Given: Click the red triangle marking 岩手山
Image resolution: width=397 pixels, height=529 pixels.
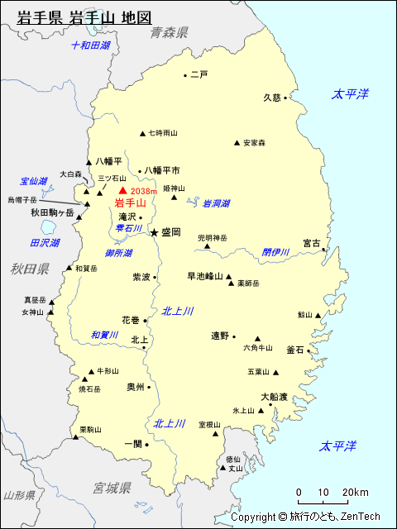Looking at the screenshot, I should tap(123, 191).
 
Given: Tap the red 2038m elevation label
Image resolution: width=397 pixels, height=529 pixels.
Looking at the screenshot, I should tap(144, 192).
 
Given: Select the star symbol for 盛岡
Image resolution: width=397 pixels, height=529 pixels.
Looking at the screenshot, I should tap(154, 233).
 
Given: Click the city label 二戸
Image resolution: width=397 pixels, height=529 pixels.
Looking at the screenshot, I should tap(198, 74).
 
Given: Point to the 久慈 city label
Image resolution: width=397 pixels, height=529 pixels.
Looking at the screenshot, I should tap(272, 97).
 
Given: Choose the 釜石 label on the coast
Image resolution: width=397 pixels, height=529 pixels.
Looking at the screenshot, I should tap(295, 350).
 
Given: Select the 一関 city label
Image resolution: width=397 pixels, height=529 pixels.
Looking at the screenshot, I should tap(132, 444).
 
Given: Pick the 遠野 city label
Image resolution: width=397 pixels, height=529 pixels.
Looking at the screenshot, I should tap(219, 336).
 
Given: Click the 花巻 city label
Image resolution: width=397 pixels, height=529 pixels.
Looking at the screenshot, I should tap(131, 319).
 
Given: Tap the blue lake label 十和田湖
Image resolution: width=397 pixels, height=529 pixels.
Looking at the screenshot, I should tap(90, 45).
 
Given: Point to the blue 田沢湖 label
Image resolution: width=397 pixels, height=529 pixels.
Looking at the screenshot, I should tap(45, 243).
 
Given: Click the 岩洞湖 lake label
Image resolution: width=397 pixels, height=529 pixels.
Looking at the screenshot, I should tap(216, 203).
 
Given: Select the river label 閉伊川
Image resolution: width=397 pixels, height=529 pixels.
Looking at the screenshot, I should tap(275, 252).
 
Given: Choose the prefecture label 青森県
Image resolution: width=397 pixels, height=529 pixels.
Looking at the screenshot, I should tap(169, 32).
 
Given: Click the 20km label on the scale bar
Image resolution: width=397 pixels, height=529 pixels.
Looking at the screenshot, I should tap(356, 493).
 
